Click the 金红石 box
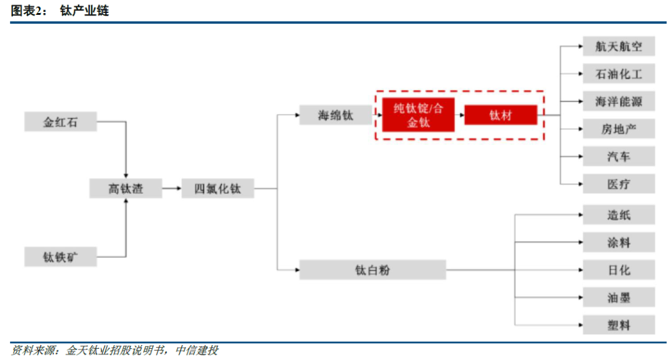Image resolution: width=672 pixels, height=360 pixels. (60, 122)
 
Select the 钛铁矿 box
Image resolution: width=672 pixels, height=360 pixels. (60, 256)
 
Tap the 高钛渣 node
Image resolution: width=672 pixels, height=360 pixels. (126, 188)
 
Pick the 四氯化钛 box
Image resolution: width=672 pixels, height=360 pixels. (218, 188)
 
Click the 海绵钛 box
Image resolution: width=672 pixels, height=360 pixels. (335, 115)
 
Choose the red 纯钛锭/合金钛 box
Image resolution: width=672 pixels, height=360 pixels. (418, 115)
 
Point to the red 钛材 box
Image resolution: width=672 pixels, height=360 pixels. (500, 115)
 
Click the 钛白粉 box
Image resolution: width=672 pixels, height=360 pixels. (373, 270)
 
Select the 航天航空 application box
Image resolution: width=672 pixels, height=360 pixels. (618, 46)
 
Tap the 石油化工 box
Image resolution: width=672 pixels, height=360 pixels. (618, 74)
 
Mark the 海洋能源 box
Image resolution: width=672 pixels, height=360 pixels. (618, 101)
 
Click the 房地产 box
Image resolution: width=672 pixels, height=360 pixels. (618, 129)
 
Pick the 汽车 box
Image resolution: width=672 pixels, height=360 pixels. (618, 156)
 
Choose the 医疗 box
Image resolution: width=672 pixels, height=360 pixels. (618, 184)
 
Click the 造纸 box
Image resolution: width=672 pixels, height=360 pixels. (618, 215)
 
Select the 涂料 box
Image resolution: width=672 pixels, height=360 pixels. (618, 242)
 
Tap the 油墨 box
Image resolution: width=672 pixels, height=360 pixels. (618, 297)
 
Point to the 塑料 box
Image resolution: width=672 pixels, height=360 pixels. (618, 325)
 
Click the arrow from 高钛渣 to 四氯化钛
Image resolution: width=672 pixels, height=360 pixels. (171, 188)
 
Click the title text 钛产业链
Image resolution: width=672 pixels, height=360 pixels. (84, 11)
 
